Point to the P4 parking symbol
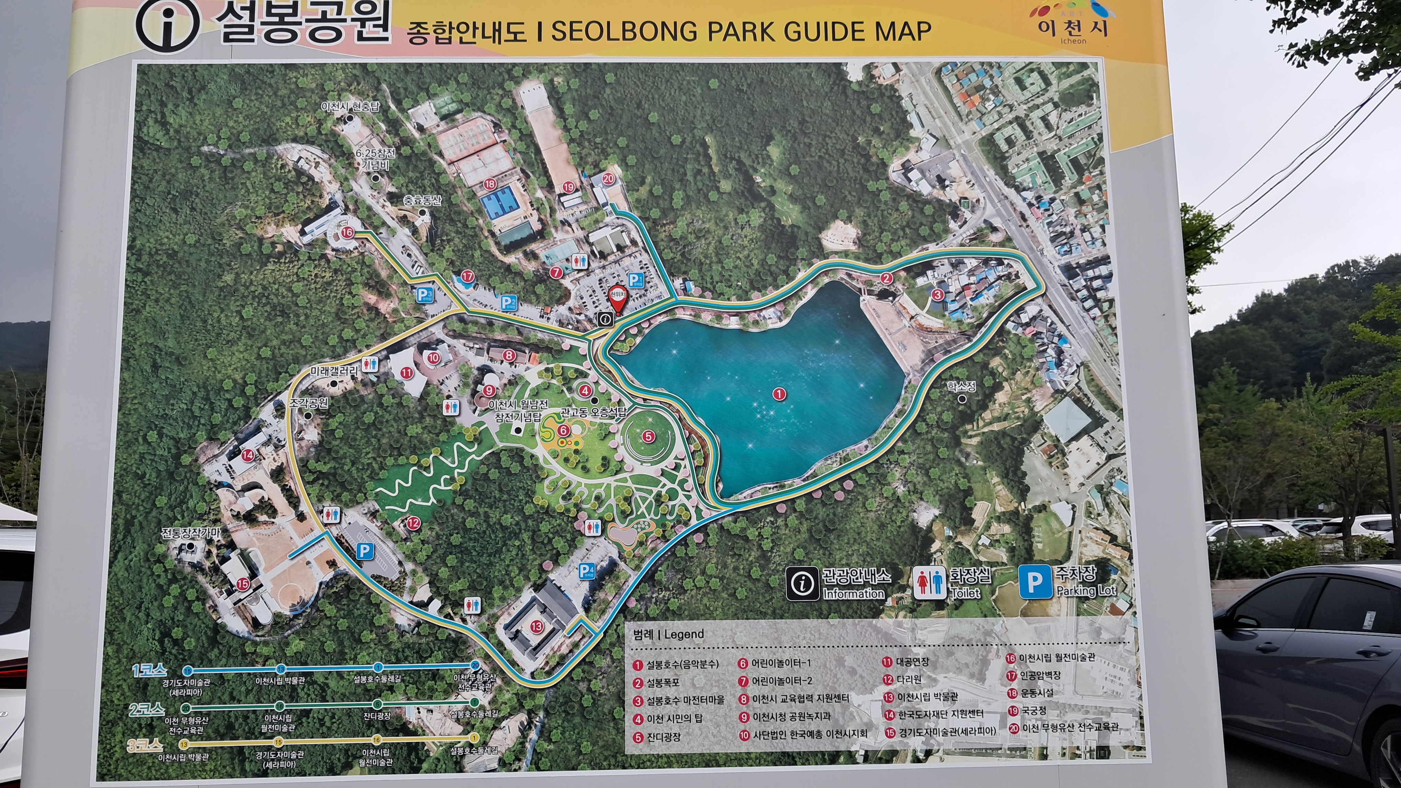coord(586,571)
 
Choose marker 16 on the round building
coord(347,233)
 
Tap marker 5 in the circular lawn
coord(648,436)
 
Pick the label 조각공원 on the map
coord(308,403)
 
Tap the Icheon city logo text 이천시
coord(1072,27)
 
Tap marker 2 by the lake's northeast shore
coord(887,279)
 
